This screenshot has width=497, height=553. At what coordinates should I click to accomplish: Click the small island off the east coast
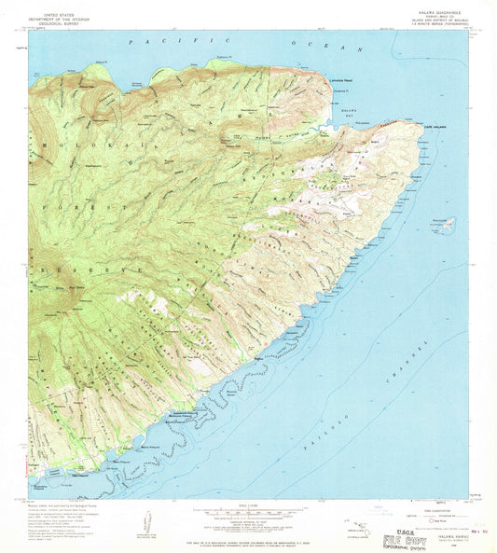click(x=446, y=224)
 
